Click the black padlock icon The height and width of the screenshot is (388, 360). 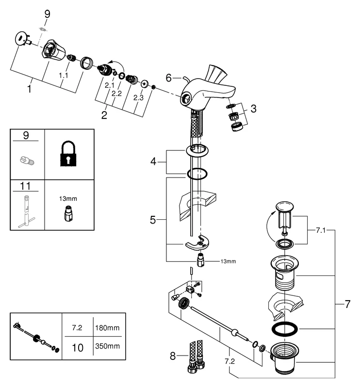point(68,155)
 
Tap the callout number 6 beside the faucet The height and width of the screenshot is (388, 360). point(169,77)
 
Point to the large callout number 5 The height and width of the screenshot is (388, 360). point(153,220)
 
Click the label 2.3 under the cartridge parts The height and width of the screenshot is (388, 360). point(138,97)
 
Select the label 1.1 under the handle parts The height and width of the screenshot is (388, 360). point(64,76)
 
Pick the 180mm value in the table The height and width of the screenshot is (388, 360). point(107,328)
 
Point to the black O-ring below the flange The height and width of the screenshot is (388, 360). point(199,174)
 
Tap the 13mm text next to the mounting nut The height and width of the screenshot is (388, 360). point(228,262)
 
